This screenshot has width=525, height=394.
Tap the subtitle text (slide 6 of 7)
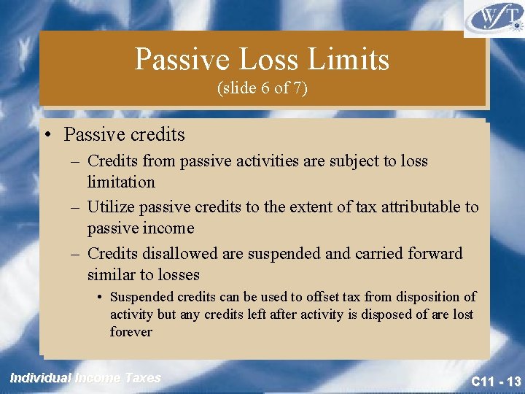262,88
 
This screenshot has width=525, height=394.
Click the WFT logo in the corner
494,18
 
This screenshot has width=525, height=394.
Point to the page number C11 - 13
495,381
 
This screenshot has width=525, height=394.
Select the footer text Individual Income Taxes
85,377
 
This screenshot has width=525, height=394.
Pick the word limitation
121,182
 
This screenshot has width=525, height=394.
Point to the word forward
434,253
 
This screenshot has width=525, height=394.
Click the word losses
176,275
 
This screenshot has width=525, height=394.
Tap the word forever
131,332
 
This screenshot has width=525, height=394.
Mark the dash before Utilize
75,207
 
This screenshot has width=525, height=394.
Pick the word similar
112,275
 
